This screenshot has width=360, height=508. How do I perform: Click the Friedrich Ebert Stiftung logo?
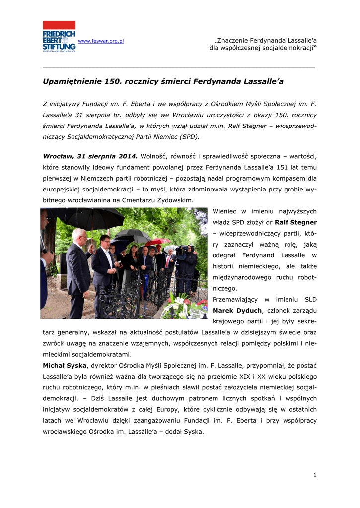(59, 36)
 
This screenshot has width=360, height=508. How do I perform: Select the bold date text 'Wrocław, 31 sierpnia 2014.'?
(90, 156)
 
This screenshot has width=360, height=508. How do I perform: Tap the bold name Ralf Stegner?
(296, 222)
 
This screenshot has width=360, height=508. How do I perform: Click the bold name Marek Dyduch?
(236, 310)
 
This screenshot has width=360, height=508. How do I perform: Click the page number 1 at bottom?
(315, 475)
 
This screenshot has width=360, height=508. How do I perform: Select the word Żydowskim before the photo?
(175, 200)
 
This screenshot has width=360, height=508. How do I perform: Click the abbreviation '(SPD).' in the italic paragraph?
(188, 136)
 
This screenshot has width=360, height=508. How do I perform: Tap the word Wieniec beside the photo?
(226, 211)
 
